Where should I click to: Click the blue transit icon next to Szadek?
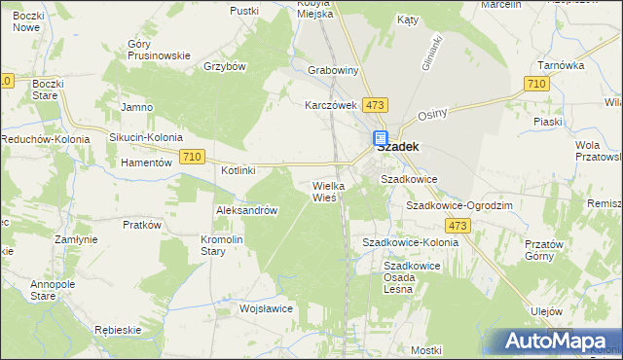pos(380,139)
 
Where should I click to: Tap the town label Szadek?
pos(398,148)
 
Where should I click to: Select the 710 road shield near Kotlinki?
pos(193,157)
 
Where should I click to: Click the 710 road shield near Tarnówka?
pos(534,86)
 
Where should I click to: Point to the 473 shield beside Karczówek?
pos(374,104)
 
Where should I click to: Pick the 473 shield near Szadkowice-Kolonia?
pos(460,226)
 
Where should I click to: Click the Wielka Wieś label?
pos(325,191)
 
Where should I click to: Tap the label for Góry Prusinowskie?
pos(158,50)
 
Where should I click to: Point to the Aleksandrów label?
pos(247,210)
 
